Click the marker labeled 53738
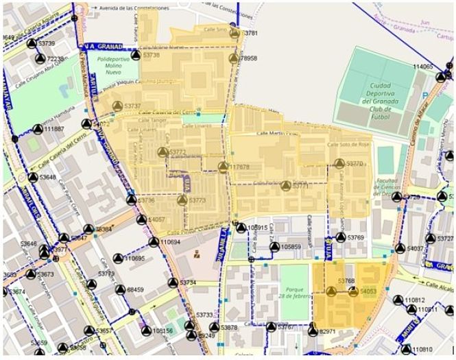pyautogui.click(x=136, y=56)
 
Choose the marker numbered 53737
pyautogui.click(x=117, y=106)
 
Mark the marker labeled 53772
pyautogui.click(x=162, y=152)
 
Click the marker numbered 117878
pyautogui.click(x=223, y=167)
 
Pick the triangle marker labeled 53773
pyautogui.click(x=182, y=200)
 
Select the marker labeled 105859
pyautogui.click(x=273, y=247)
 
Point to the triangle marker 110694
pyautogui.click(x=154, y=242)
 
